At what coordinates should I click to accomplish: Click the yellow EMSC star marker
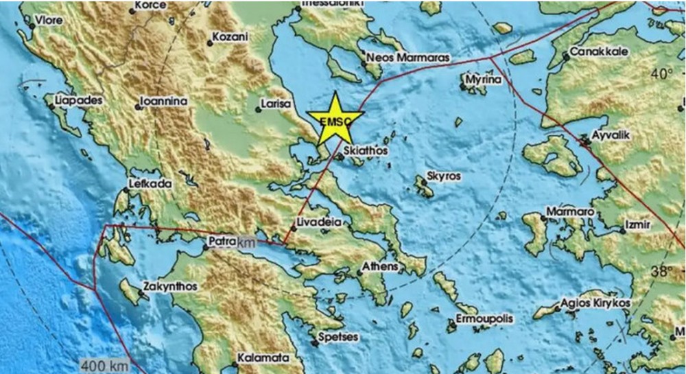tap(335, 119)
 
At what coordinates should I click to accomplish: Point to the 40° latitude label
tap(663, 73)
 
